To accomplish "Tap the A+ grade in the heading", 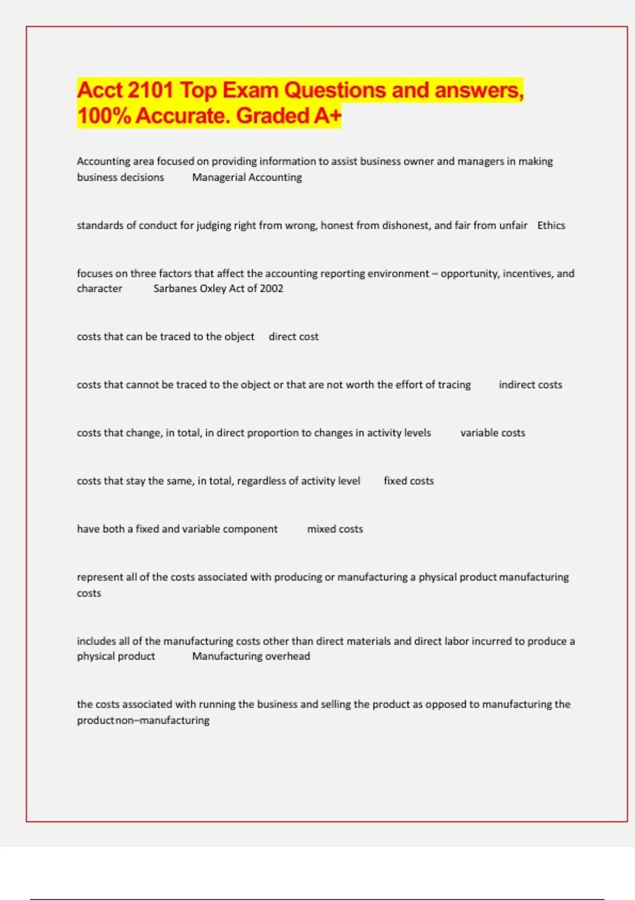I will (327, 116).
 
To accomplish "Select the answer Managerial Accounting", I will (247, 177).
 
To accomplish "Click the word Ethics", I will (551, 226).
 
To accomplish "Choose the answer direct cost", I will (293, 337).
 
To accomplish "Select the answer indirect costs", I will (530, 385).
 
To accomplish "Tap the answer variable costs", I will (492, 433).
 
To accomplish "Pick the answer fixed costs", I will (409, 481).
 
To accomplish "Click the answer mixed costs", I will (335, 529).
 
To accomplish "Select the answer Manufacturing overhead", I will (251, 656).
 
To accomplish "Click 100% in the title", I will (104, 116).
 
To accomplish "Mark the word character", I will (99, 289).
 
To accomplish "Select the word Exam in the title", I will (251, 91).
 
